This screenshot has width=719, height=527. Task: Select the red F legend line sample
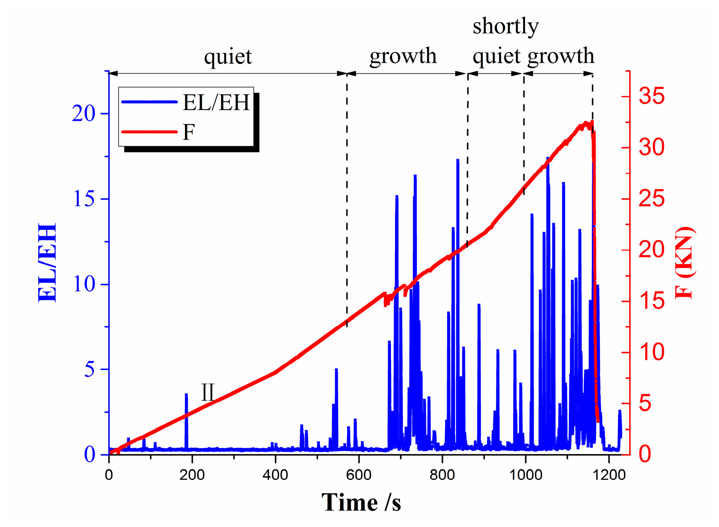tap(149, 132)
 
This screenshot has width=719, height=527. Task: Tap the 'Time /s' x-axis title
tap(361, 503)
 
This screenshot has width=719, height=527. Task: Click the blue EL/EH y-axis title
tap(48, 262)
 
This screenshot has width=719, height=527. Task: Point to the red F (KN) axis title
tap(684, 262)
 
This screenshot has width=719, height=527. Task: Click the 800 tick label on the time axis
tap(442, 474)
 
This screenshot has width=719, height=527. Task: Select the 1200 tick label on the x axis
tap(609, 474)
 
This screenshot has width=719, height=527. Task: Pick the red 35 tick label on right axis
tap(652, 96)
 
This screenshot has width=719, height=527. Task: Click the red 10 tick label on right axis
tap(652, 352)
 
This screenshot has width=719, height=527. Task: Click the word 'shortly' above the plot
tap(506, 26)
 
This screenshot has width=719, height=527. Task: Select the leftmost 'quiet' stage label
tap(228, 56)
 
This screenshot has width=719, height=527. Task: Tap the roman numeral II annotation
tap(207, 392)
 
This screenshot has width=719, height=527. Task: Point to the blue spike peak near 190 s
tap(186, 395)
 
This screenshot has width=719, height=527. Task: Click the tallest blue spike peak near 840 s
tap(458, 161)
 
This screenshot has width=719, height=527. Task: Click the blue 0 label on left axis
tap(90, 455)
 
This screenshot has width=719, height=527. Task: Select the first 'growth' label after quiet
tap(403, 56)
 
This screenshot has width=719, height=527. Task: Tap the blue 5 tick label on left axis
tap(90, 369)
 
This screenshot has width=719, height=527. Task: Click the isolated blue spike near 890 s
tap(478, 305)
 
